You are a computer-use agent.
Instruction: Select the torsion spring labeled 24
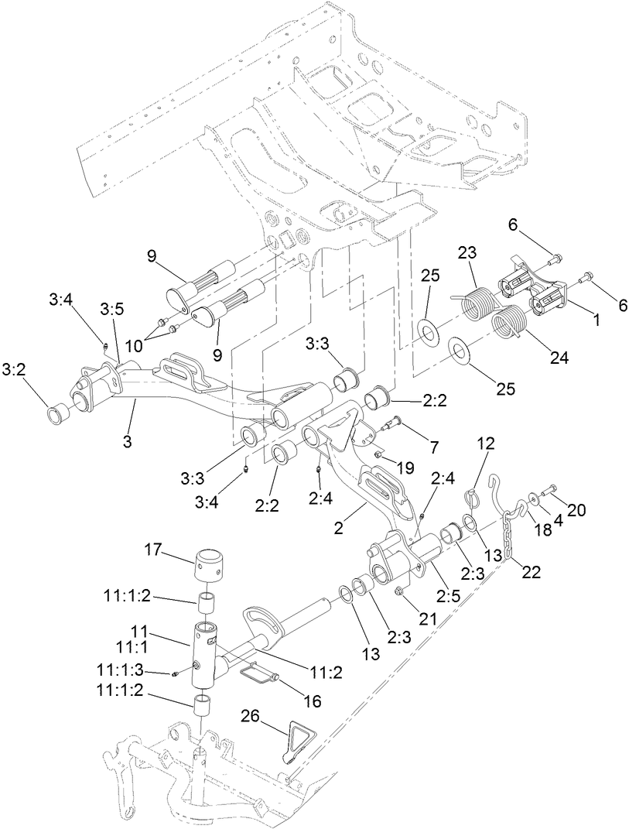pyautogui.click(x=511, y=320)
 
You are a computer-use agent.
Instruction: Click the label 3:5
pyautogui.click(x=111, y=309)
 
